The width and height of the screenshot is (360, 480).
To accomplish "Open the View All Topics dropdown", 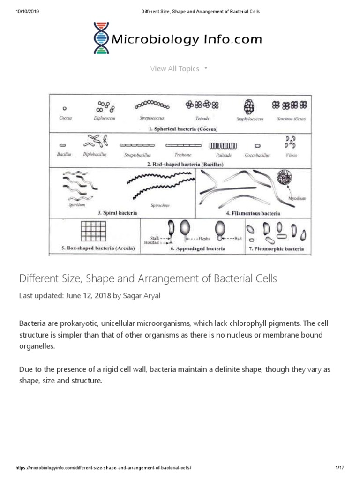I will (179, 69).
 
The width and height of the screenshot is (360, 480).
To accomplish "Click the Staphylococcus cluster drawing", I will (249, 107).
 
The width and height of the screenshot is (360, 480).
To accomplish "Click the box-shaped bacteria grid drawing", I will (95, 231).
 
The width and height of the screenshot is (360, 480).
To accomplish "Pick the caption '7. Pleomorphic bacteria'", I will (276, 249).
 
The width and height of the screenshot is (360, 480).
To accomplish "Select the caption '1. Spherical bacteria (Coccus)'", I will (180, 128).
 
